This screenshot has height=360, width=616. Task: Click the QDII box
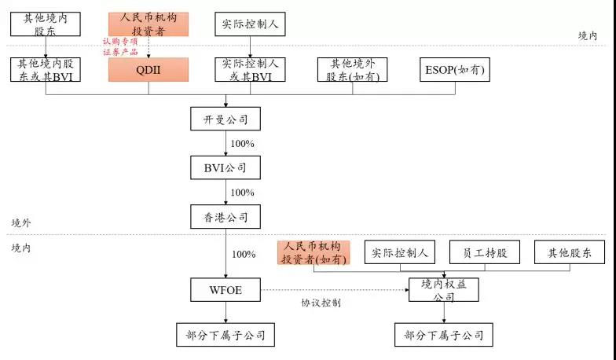pos(148,69)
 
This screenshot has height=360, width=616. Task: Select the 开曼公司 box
pos(225,119)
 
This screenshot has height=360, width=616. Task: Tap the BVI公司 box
pos(225,168)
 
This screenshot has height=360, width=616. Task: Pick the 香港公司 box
pos(225,217)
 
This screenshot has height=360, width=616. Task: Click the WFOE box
pos(225,290)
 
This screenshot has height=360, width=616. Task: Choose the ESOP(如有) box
pos(455,69)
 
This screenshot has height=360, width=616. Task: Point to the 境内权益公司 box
pos(444,290)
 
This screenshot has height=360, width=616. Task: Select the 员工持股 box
pos(485,252)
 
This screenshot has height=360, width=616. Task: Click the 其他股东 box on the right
pos(570,252)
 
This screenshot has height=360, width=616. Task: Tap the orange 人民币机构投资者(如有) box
pos(313,252)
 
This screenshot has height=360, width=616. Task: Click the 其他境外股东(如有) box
pos(352,69)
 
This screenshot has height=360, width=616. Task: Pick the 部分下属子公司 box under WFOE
pos(225,335)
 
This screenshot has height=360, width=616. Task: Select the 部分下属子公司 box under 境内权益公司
pos(444,335)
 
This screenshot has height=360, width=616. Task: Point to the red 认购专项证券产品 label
pos(120,46)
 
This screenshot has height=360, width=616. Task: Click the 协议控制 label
pos(321,303)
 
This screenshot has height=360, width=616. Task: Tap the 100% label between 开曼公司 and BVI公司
pos(242,144)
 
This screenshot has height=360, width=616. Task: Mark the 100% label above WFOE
pos(244,255)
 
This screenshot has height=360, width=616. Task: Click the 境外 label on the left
pos(20,223)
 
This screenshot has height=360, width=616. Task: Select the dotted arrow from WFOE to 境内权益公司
pos(335,290)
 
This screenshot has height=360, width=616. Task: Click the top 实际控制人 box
pos(250,24)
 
